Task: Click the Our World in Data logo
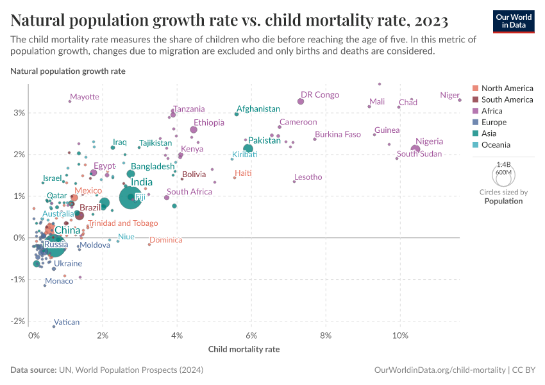coord(514,21)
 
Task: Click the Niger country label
coord(449,95)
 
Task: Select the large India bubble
coord(131,198)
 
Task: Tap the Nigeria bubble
coord(415,150)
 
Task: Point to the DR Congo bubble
coord(301,101)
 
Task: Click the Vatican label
coord(67,322)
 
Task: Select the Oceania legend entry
coord(498,145)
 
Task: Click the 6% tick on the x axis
coord(252,336)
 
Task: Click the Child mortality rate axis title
coord(244,350)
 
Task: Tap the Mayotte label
coord(85,97)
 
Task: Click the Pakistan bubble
coord(248,149)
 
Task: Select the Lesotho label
coord(308,177)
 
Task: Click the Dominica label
coord(166,240)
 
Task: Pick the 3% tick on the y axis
coord(19,113)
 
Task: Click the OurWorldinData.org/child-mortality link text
coord(439,370)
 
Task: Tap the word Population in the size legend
coord(503,201)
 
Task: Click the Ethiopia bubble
coord(194,130)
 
